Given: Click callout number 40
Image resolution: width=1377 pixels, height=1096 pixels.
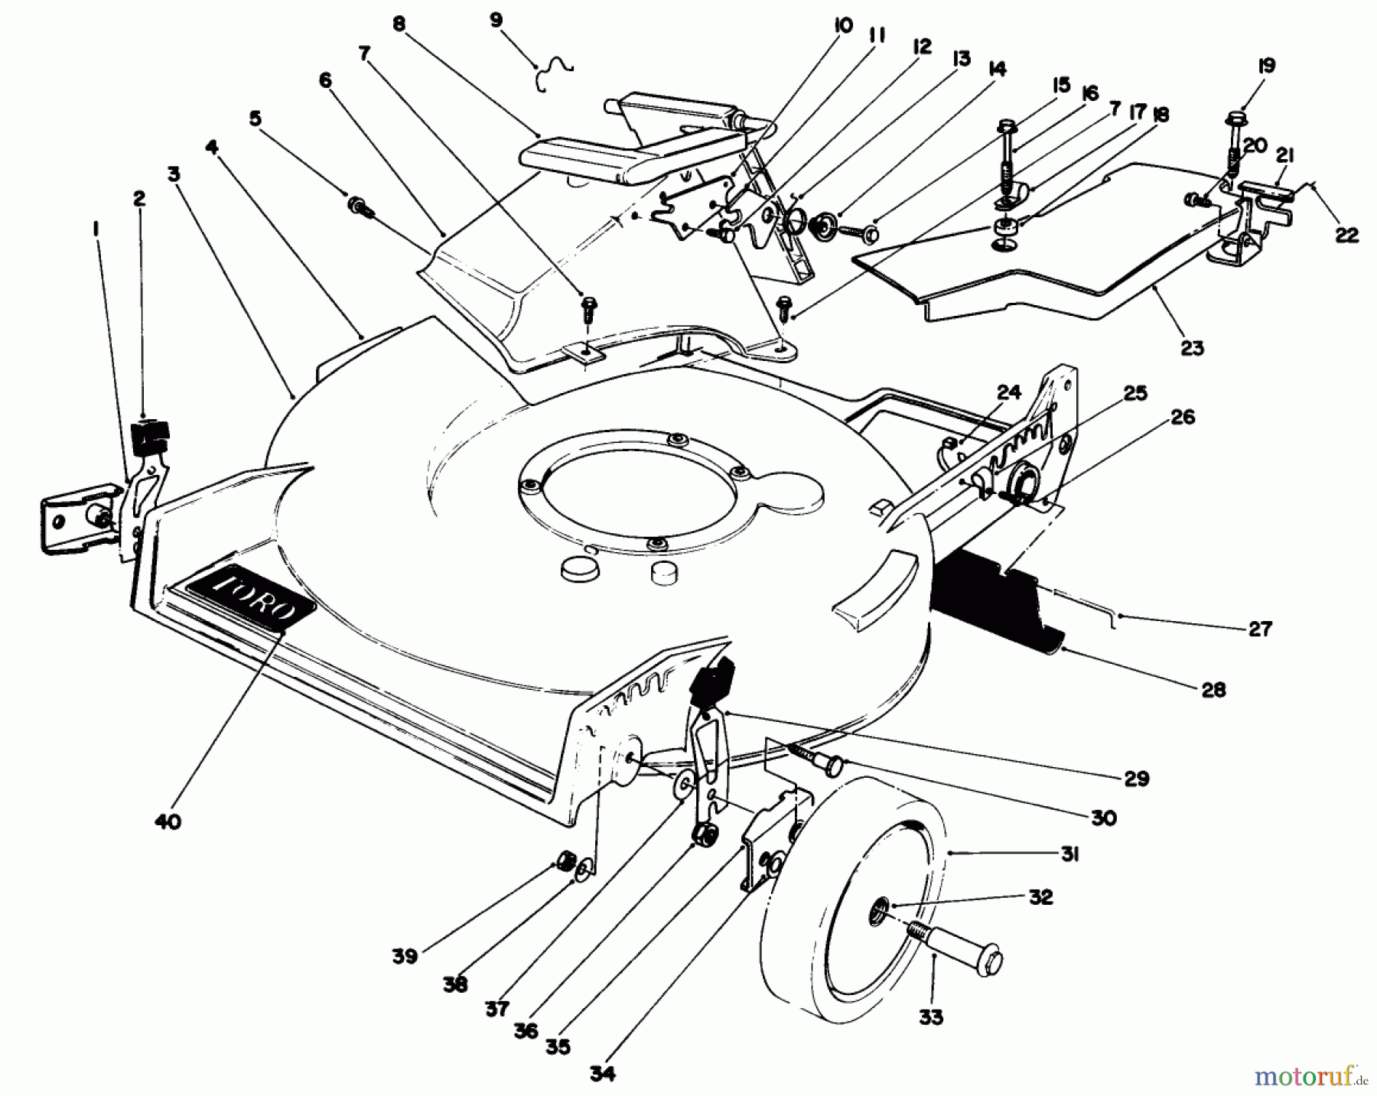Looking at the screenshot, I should click(x=168, y=822).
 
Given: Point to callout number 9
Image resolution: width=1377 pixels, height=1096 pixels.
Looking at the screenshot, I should click(x=496, y=21).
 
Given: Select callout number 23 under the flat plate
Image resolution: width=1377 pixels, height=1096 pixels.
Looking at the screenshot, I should click(x=1192, y=349).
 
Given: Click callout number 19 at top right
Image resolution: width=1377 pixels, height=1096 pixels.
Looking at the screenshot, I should click(x=1266, y=67).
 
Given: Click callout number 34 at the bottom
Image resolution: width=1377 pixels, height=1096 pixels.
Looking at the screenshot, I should click(x=601, y=1072).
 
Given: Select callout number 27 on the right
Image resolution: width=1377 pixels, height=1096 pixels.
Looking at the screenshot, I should click(x=1259, y=629).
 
